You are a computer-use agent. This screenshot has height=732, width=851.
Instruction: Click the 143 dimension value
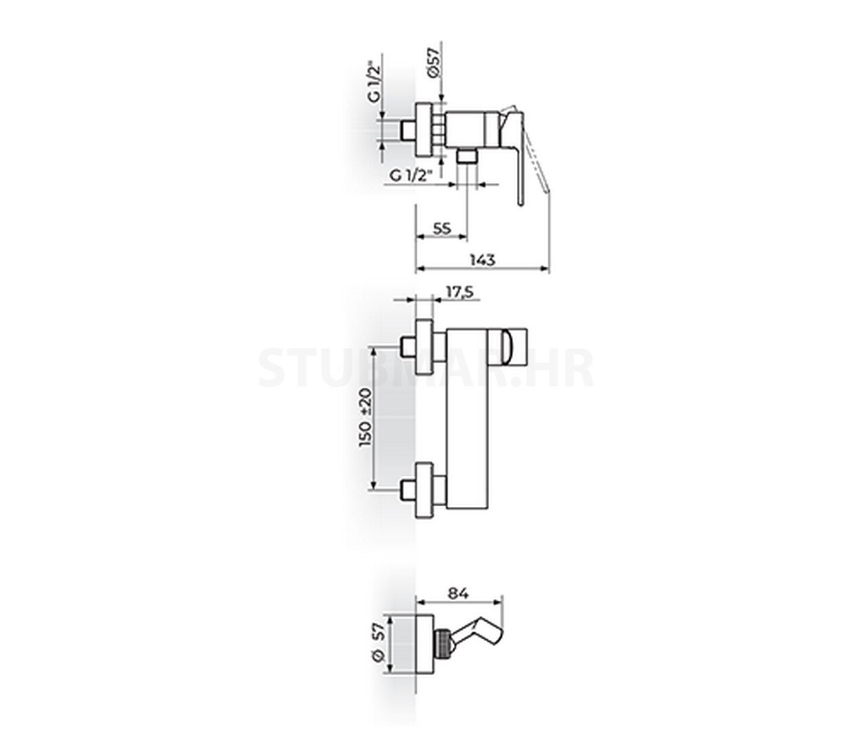(482, 260)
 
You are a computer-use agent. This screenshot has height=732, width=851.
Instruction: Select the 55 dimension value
(441, 228)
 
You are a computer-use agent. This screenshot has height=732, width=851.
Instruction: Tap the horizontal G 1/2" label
(411, 176)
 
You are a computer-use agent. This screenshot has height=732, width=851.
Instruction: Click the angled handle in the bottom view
(481, 634)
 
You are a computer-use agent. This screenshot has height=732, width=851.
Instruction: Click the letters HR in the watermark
(563, 367)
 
